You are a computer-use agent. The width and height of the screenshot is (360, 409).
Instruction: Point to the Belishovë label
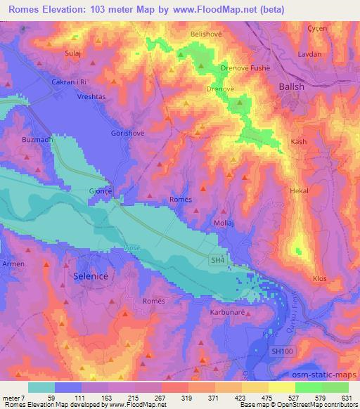pyautogui.click(x=206, y=33)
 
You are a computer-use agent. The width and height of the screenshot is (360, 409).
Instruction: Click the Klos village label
pyautogui.click(x=320, y=278)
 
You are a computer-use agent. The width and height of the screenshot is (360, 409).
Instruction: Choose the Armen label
pyautogui.click(x=14, y=264)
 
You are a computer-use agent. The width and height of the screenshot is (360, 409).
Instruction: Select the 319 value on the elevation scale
pyautogui.click(x=188, y=398)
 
